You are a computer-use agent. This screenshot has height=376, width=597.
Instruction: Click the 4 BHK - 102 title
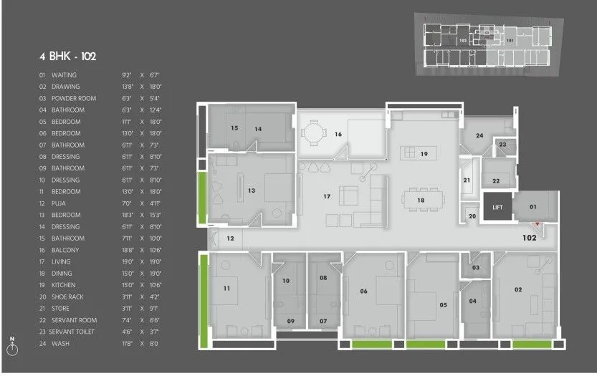click(x=68, y=56)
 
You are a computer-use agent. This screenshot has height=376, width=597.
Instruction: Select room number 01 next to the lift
click(x=532, y=207)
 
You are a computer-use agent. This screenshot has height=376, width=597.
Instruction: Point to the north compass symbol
click(x=12, y=349)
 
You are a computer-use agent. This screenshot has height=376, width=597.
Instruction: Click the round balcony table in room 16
click(x=310, y=132)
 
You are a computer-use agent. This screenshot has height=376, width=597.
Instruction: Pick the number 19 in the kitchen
click(x=424, y=154)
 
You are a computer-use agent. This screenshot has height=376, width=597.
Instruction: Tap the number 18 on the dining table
click(x=421, y=201)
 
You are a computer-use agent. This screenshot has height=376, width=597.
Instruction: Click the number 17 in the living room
click(x=326, y=196)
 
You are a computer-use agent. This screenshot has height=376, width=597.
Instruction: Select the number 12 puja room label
click(x=230, y=238)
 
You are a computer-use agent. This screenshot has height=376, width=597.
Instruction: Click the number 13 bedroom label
click(x=251, y=191)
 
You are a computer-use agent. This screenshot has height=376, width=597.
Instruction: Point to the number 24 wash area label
click(x=479, y=135)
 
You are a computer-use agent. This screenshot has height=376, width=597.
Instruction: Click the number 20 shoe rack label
click(x=471, y=216)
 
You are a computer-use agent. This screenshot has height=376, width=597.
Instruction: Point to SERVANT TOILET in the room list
click(x=74, y=332)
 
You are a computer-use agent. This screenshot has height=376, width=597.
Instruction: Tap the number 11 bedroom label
click(x=226, y=289)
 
